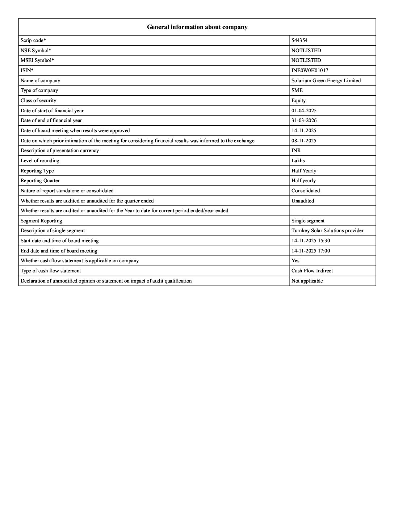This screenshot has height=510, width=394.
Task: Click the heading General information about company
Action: (197, 27)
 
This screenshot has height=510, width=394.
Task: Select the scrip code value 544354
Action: (299, 40)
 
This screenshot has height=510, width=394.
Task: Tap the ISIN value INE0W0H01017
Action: (310, 70)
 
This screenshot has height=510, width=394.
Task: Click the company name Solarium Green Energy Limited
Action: (326, 80)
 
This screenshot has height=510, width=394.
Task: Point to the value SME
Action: (297, 90)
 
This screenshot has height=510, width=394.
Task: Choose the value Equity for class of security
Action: (298, 100)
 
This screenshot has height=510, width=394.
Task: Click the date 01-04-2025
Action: (304, 110)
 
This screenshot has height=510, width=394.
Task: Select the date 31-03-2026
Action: (304, 120)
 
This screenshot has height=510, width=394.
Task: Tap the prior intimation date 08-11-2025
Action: (304, 141)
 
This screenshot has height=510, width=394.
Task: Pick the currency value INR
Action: (296, 150)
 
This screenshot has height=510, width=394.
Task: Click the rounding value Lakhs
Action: (298, 160)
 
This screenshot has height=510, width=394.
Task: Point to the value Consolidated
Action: (306, 191)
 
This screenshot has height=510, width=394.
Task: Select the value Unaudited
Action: (303, 201)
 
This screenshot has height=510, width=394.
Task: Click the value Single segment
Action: (308, 221)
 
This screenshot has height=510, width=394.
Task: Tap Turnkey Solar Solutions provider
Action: (327, 230)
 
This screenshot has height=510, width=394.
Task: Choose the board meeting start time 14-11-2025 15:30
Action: (311, 241)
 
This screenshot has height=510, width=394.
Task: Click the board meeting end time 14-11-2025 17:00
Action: (311, 251)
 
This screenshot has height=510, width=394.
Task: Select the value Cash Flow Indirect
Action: (312, 271)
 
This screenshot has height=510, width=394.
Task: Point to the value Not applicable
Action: (307, 281)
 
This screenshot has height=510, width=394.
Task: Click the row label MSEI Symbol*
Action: (37, 60)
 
